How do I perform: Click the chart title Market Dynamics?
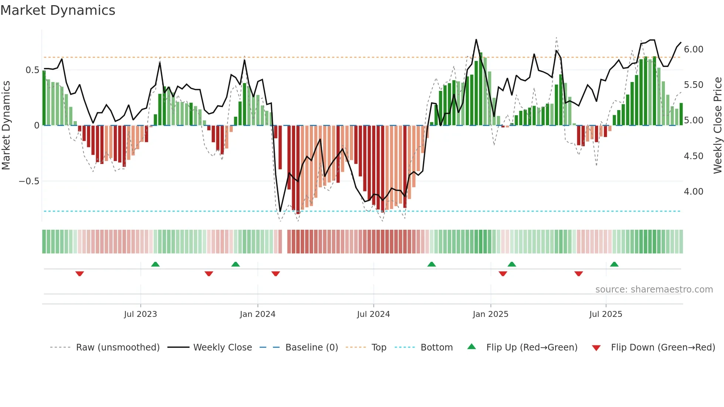[x=58, y=10]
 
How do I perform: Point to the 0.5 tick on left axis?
[x=32, y=70]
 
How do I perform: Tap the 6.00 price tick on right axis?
[x=693, y=49]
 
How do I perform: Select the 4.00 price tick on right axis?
[x=693, y=192]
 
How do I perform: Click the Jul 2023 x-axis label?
[x=140, y=314]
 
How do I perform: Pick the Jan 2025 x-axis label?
[x=490, y=314]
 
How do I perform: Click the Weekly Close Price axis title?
[x=717, y=126]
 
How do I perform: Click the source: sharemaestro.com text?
[x=654, y=290]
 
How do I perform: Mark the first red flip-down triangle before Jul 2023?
[x=80, y=274]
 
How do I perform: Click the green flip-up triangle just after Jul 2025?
[x=614, y=264]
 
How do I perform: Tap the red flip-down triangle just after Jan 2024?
[x=276, y=274]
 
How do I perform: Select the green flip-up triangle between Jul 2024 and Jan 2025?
[x=431, y=264]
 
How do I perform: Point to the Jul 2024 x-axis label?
[x=373, y=314]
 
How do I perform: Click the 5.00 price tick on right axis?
[x=693, y=120]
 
